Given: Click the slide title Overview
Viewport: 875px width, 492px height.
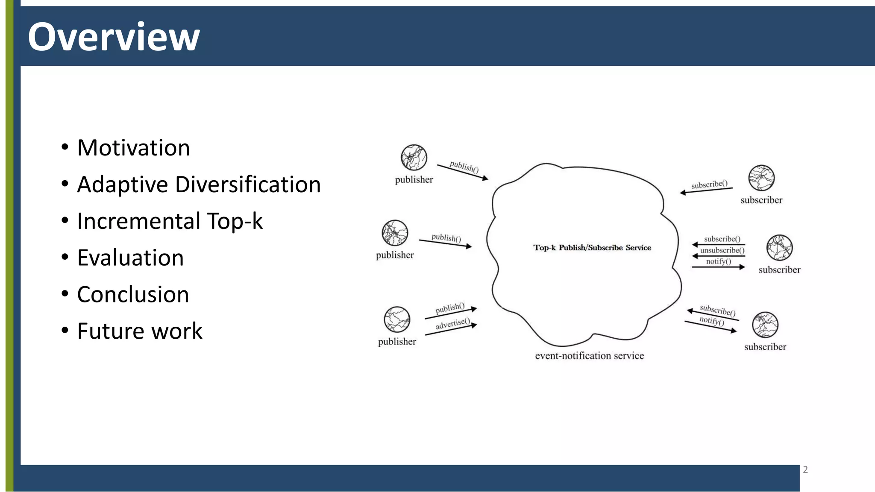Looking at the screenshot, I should click(x=114, y=37).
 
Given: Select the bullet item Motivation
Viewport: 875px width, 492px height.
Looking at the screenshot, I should click(x=133, y=148).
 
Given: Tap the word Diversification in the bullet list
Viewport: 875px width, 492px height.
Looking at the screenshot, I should click(x=248, y=184).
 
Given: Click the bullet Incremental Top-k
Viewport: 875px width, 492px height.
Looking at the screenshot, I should click(x=170, y=221).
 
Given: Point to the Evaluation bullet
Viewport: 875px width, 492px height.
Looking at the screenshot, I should click(x=130, y=258).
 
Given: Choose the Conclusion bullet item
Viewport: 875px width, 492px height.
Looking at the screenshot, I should click(x=133, y=295).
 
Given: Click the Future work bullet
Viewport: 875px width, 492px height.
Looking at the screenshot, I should click(x=140, y=331).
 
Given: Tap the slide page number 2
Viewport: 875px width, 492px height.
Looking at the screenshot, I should click(x=805, y=470).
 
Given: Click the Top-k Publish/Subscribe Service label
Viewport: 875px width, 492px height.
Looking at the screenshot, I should click(x=592, y=248).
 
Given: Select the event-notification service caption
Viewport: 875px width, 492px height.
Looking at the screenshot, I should click(x=589, y=356).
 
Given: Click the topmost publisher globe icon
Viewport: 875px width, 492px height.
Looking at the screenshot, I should click(x=414, y=158).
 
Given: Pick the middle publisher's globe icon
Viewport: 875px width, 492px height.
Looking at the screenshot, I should click(x=395, y=233).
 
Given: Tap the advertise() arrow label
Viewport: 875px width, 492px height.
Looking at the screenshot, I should click(x=452, y=324).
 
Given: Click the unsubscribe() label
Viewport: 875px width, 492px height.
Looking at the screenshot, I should click(x=722, y=250).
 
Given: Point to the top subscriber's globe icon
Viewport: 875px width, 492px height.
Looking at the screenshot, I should click(x=761, y=178).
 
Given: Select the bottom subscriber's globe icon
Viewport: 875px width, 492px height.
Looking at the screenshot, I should click(x=765, y=325).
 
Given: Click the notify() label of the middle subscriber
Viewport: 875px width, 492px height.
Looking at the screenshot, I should click(x=718, y=261).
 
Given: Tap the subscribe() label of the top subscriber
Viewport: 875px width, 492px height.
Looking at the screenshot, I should click(x=709, y=184).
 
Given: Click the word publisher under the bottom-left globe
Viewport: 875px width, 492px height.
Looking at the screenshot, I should click(x=397, y=342).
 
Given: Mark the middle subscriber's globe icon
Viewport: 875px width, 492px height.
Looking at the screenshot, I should click(x=779, y=248).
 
